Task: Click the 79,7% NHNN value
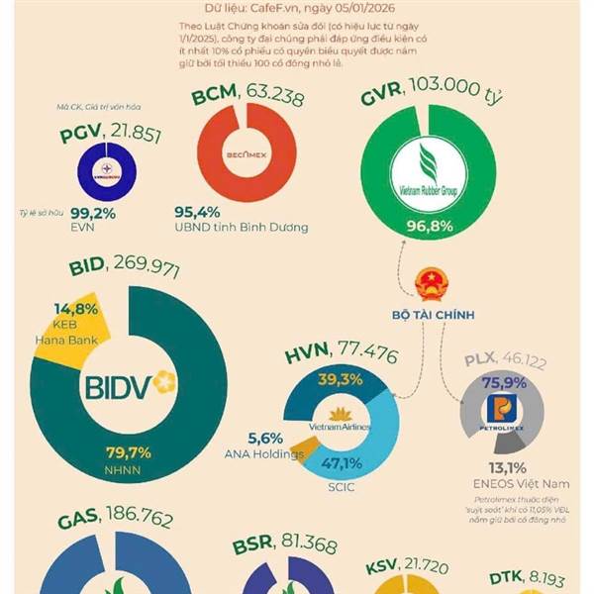pyautogui.click(x=128, y=452)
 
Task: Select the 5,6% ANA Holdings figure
pyautogui.click(x=265, y=439)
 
